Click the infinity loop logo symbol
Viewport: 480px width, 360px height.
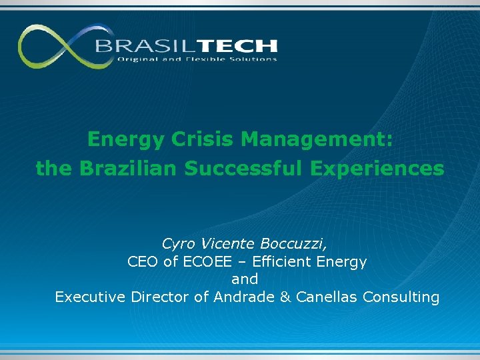click(x=57, y=47)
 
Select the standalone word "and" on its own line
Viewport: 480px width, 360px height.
click(x=245, y=279)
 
